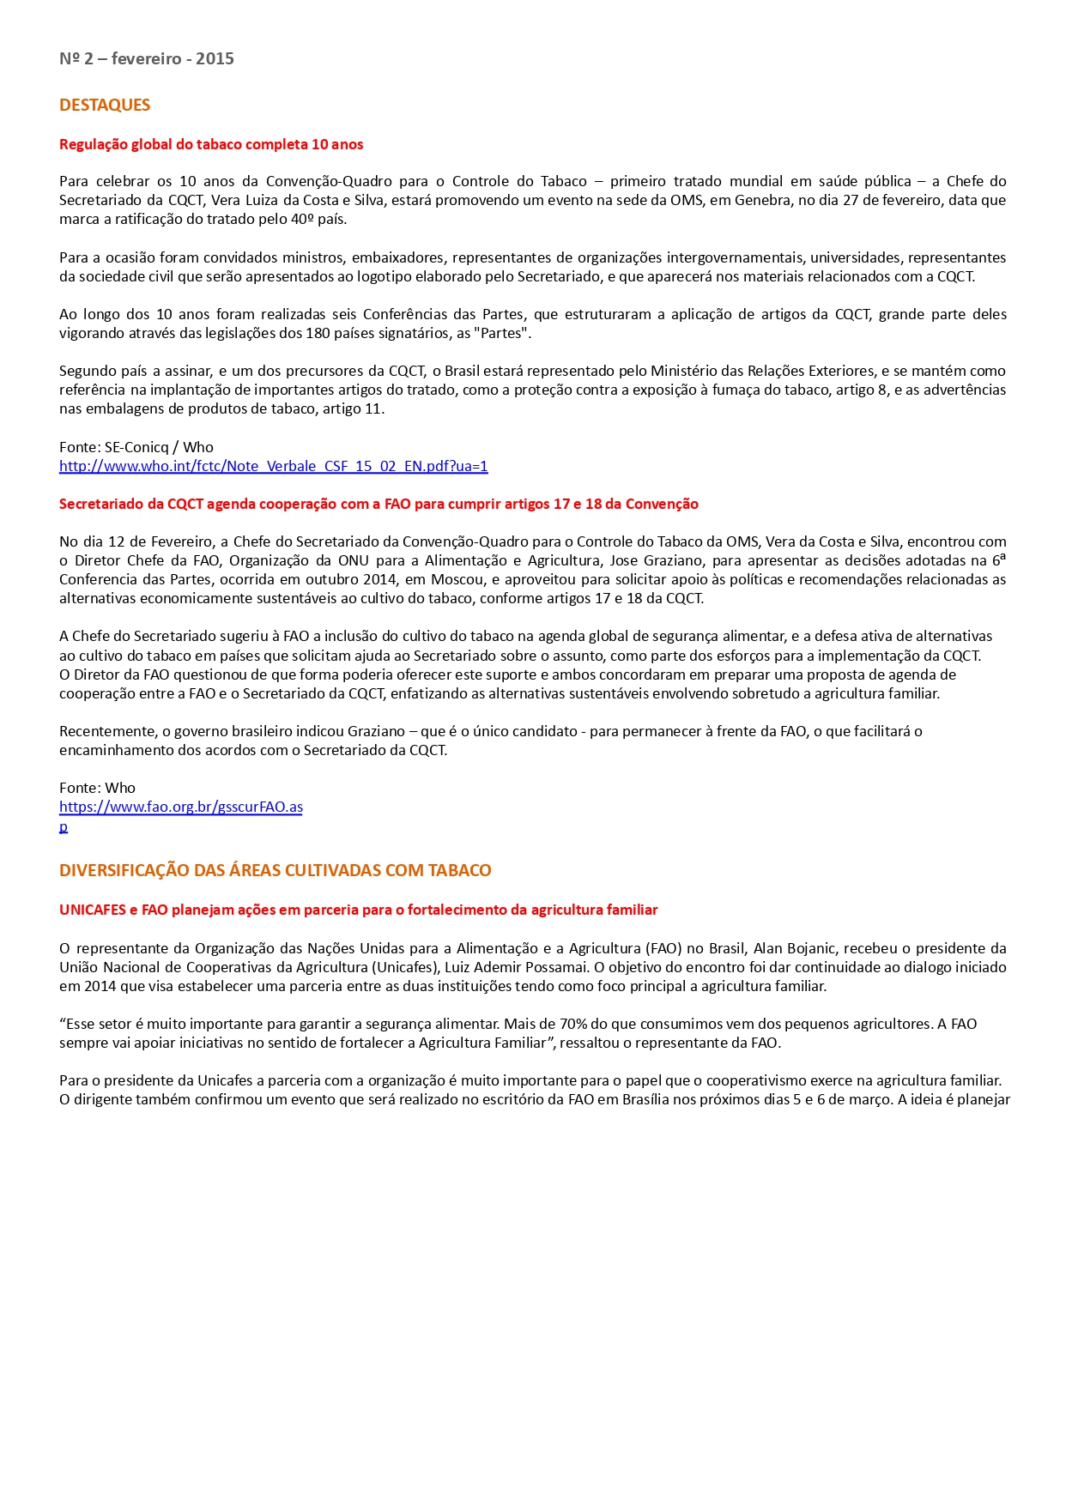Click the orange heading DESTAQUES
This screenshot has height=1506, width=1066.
pos(105,105)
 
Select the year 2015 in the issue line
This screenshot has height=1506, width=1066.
pos(215,58)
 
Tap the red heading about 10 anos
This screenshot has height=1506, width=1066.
pos(211,144)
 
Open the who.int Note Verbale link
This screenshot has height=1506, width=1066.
pos(273,466)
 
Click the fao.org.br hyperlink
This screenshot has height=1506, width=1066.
pos(180,807)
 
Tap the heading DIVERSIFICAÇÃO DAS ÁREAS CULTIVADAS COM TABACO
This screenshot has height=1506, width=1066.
pos(275,870)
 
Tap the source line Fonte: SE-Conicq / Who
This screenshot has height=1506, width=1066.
pos(136,447)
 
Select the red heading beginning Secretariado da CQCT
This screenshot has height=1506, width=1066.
pos(379,504)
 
